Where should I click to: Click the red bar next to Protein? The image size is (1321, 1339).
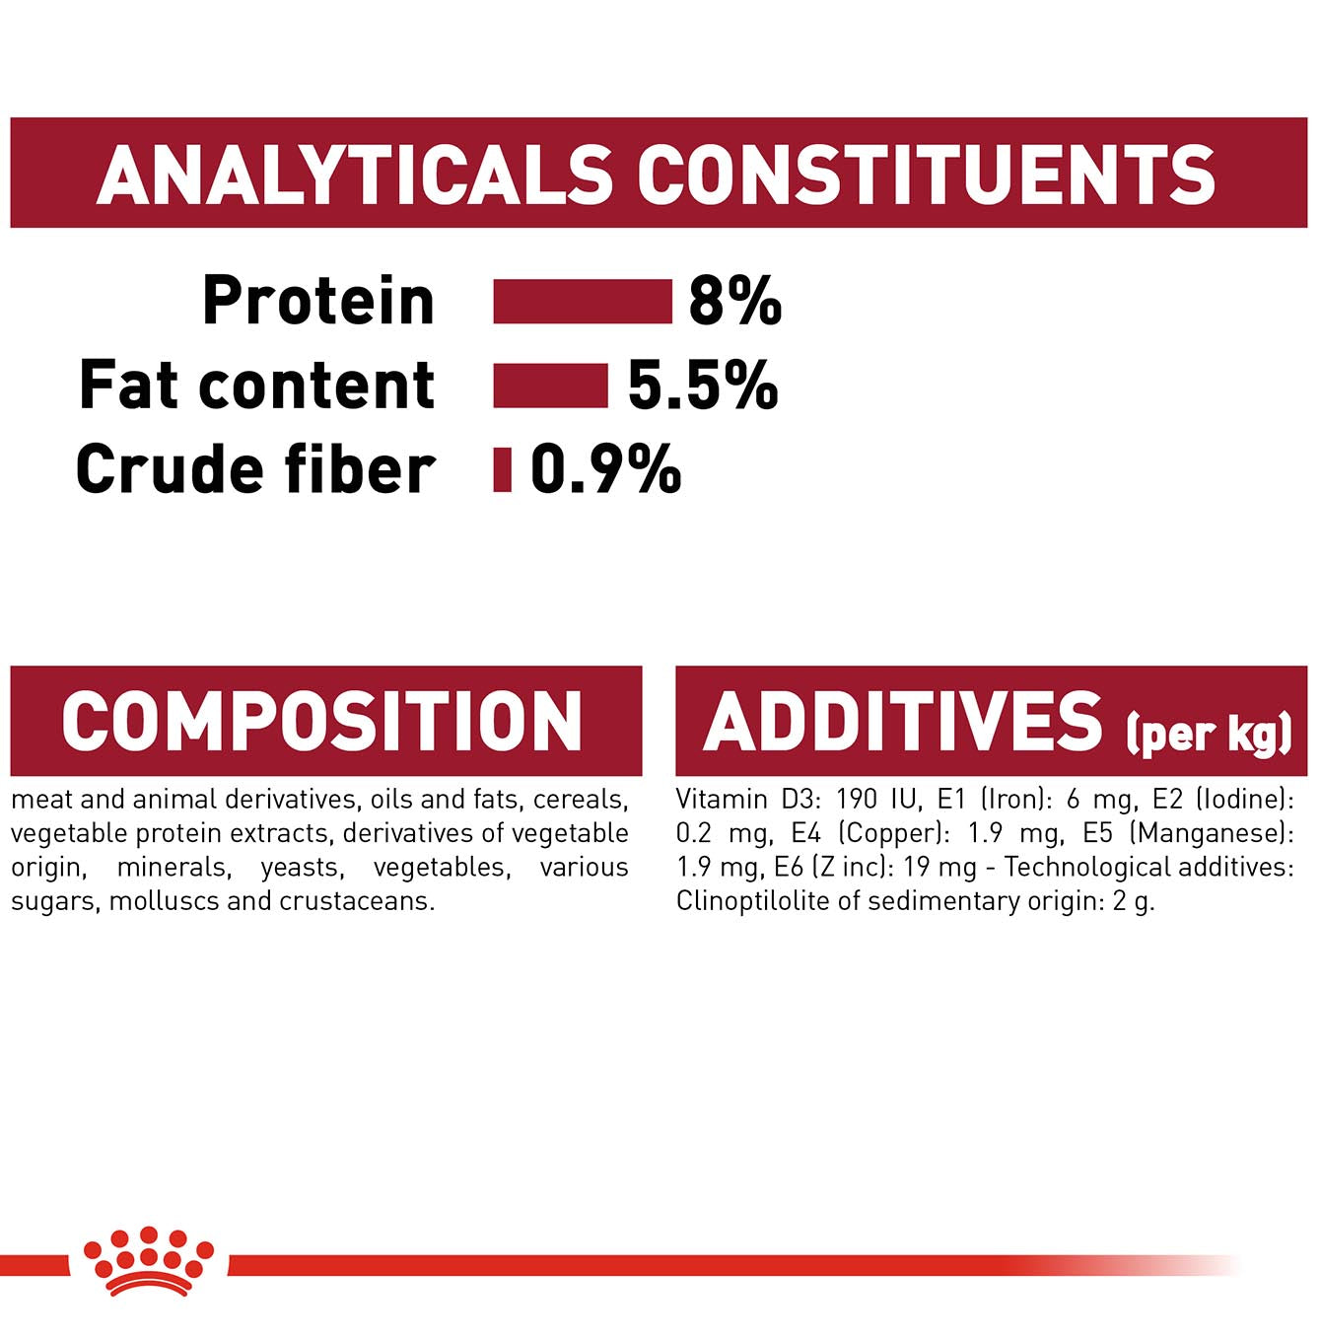(583, 301)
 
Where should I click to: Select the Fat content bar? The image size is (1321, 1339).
(550, 385)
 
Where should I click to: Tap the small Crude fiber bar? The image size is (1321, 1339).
(502, 469)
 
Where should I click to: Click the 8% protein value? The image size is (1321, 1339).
(735, 301)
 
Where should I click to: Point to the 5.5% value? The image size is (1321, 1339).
(703, 385)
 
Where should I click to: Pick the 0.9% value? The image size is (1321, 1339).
(606, 469)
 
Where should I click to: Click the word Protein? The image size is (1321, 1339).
(318, 300)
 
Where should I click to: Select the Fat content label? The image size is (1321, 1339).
(257, 385)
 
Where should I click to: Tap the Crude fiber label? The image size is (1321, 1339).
(255, 469)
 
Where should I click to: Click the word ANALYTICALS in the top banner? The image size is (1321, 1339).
(354, 175)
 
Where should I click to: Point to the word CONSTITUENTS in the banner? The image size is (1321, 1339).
(927, 175)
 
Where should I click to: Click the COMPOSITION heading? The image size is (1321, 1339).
(321, 722)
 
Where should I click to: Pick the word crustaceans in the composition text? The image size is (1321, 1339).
(357, 901)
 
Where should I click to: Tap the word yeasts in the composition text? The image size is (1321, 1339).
(301, 868)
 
